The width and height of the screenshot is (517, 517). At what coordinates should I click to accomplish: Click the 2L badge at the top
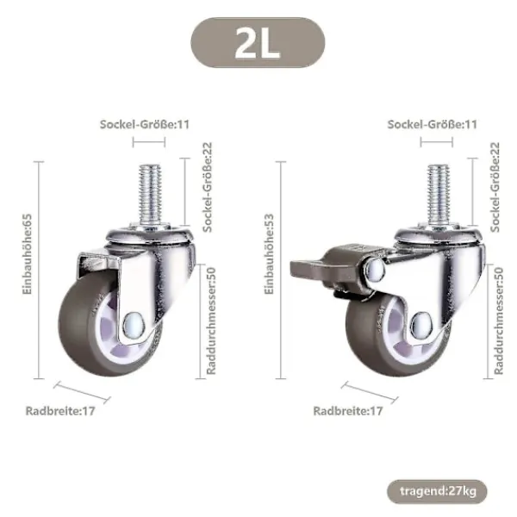(258, 43)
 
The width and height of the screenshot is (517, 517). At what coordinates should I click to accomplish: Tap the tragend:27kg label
(437, 491)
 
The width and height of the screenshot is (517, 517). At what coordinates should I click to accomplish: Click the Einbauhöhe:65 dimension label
(27, 254)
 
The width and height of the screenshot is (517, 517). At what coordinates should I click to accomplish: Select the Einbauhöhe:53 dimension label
(269, 254)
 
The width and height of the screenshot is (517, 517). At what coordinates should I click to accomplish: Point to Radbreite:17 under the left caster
(60, 411)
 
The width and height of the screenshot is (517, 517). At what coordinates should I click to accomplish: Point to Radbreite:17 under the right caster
(348, 411)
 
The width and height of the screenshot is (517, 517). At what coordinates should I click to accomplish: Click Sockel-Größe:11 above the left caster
(145, 124)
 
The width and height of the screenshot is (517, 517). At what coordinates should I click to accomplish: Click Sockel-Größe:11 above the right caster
(433, 124)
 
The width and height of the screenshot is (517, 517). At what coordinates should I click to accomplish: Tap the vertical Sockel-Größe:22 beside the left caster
(208, 187)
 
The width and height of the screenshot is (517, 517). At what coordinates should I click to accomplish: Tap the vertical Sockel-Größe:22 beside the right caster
(495, 187)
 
